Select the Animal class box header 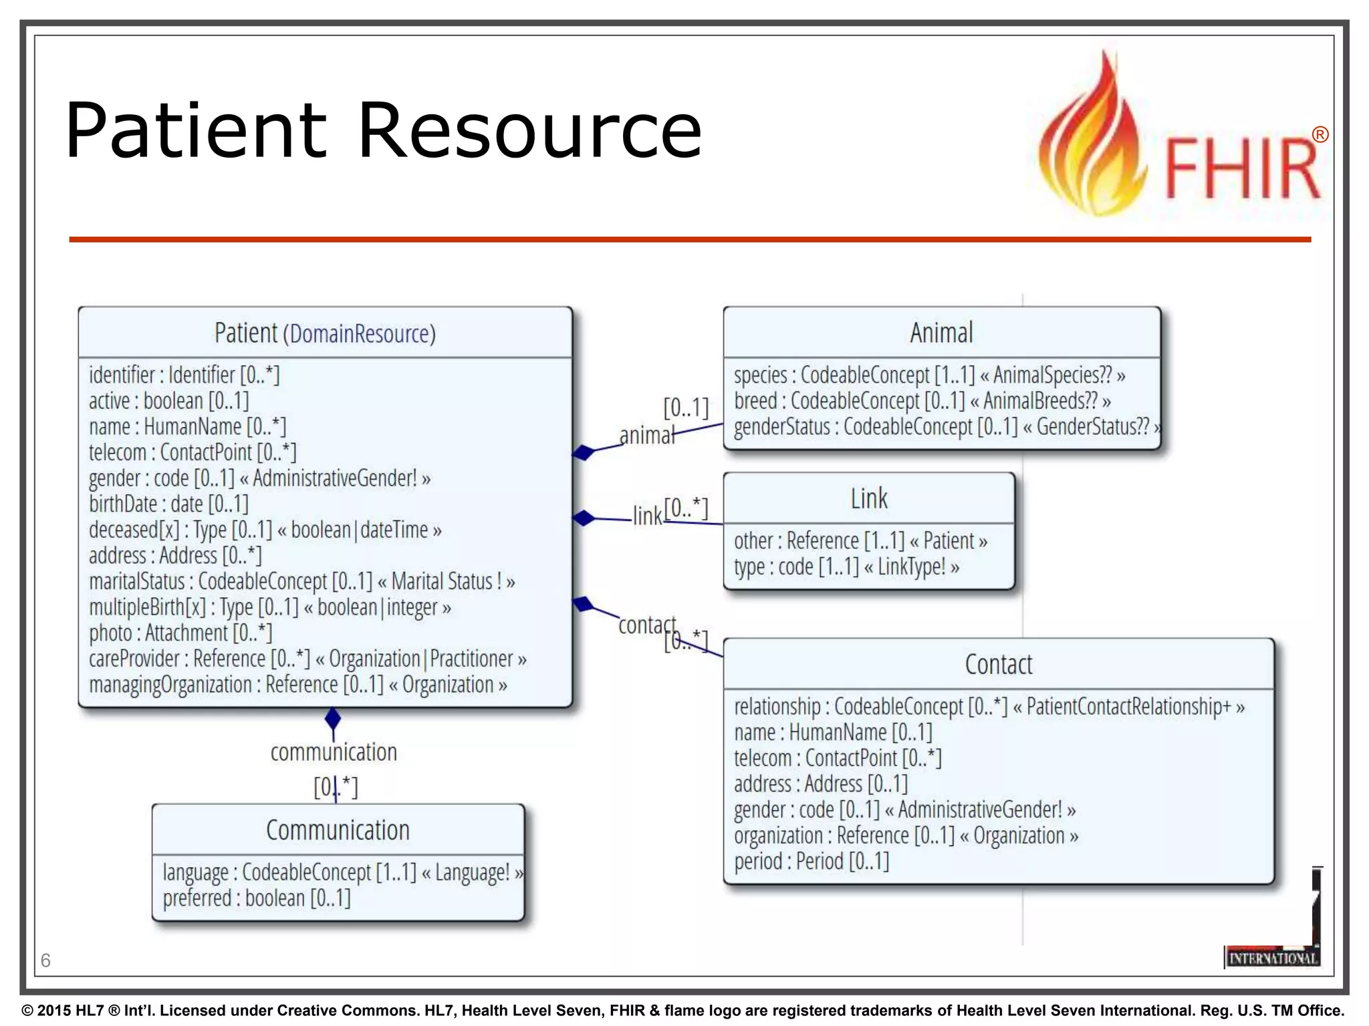(941, 333)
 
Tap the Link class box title (869, 499)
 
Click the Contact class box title (999, 665)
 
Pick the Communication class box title (338, 830)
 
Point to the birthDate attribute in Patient (168, 504)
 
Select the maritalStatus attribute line (301, 582)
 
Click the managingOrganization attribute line (297, 685)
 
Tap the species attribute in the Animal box (929, 375)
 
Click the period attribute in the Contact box (812, 862)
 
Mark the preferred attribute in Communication (256, 898)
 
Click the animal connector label (646, 436)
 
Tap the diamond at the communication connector (333, 719)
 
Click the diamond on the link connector (584, 518)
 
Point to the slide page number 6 (45, 961)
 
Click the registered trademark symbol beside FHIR (1320, 135)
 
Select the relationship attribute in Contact (989, 707)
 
